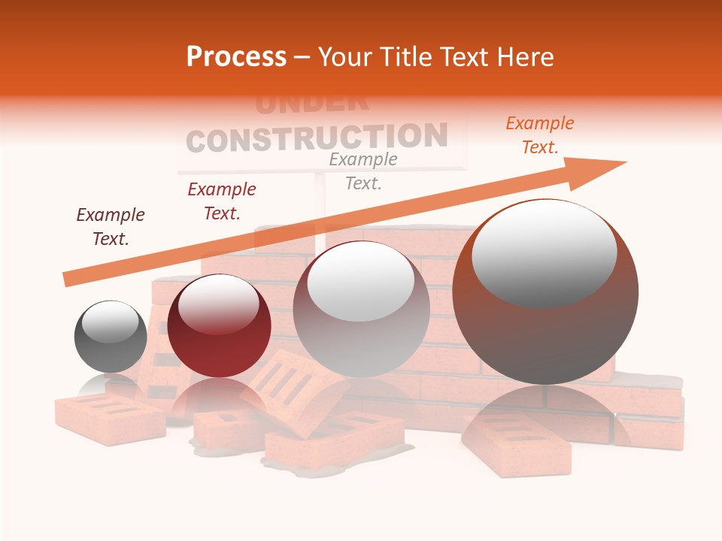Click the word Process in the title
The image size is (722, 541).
tap(236, 57)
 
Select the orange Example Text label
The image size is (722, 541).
tap(539, 135)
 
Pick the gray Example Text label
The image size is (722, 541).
tap(363, 171)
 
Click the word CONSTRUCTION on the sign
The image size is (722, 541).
tap(316, 138)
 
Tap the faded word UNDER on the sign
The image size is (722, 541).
tap(311, 104)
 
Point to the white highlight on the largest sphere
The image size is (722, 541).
tap(544, 252)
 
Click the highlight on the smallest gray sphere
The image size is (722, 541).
tap(110, 321)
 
